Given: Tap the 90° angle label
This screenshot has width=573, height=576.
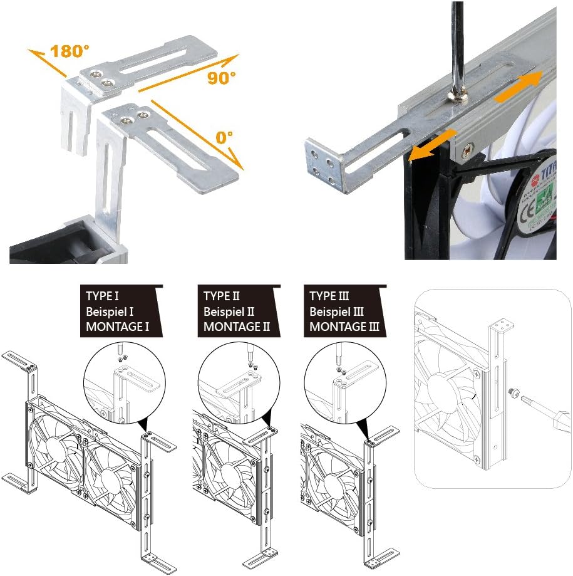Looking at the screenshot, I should click(220, 78).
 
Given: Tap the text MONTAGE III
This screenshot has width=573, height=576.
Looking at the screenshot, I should click(344, 327).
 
